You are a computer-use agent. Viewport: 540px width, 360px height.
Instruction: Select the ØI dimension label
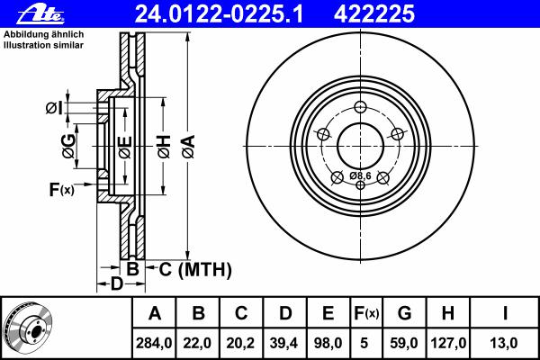pyautogui.click(x=54, y=109)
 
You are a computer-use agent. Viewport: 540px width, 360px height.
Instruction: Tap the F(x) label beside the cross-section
pyautogui.click(x=61, y=189)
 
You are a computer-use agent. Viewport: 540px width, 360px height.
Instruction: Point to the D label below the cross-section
pyautogui.click(x=116, y=285)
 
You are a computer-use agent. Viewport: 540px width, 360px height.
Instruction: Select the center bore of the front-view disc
pyautogui.click(x=360, y=145)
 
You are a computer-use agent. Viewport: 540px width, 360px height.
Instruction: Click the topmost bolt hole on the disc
pyautogui.click(x=360, y=107)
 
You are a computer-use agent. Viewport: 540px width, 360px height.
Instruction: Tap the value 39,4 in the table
pyautogui.click(x=284, y=343)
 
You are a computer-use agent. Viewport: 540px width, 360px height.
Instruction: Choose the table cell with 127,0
pyautogui.click(x=447, y=343)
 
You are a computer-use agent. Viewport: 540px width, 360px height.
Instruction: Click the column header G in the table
pyautogui.click(x=404, y=314)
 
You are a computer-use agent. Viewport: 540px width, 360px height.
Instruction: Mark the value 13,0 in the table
pyautogui.click(x=504, y=343)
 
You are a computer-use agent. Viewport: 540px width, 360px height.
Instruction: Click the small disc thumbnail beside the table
pyautogui.click(x=28, y=326)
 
